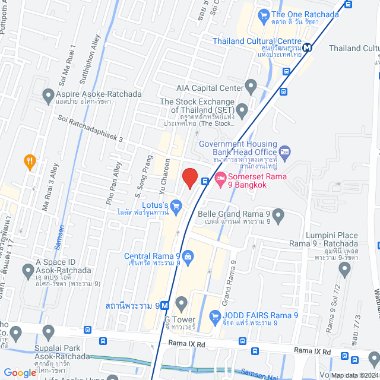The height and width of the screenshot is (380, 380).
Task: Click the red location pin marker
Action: point(189,177)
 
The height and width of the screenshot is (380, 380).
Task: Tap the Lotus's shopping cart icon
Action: point(176,206)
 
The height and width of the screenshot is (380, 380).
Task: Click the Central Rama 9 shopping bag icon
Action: point(188,256)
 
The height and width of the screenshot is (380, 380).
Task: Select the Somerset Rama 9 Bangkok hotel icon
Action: point(220,178)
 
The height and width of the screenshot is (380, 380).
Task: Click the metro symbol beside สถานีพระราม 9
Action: point(164,306)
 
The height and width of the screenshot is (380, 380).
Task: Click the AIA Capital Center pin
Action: point(251,88)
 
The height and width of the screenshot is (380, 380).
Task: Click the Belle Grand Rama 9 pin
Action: point(278,214)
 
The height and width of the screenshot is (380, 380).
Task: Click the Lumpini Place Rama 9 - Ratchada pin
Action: point(344,271)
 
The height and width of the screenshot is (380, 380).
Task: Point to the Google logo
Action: point(20,373)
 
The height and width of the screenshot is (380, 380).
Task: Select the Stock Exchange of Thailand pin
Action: point(242,110)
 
